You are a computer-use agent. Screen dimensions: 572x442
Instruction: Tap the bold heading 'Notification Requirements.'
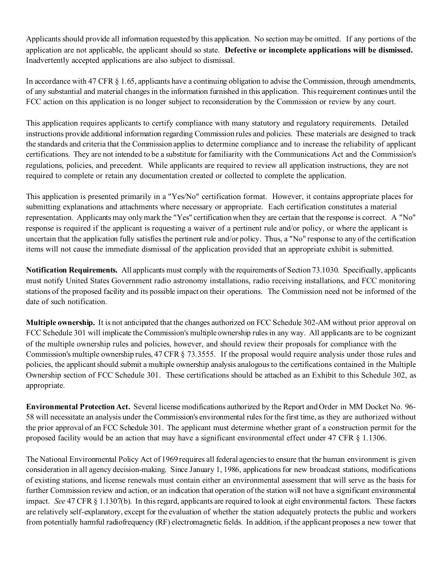(72, 270)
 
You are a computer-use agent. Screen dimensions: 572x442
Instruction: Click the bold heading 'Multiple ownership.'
(60, 323)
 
